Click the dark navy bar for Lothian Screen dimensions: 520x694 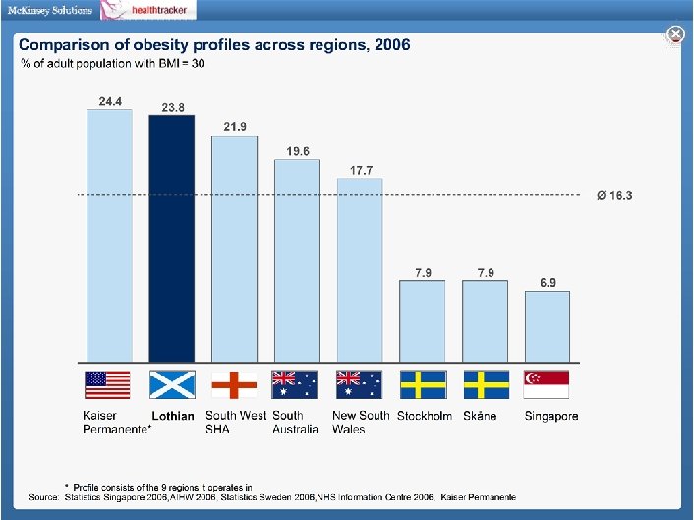172,239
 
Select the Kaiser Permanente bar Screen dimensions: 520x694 109,236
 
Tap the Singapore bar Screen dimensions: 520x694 548,327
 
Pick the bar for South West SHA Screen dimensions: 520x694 235,249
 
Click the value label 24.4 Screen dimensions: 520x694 109,101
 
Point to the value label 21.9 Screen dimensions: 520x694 235,127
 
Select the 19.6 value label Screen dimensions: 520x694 298,151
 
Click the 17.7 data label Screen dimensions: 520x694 361,171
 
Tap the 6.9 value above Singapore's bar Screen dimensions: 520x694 549,283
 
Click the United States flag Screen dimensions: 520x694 108,384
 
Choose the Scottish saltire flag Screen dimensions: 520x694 172,384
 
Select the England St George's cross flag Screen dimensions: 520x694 235,384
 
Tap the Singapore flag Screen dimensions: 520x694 548,384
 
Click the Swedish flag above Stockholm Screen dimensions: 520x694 423,384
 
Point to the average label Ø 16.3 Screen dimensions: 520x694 614,195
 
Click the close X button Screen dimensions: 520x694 675,34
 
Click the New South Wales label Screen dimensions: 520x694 361,422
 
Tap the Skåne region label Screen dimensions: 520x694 480,416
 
